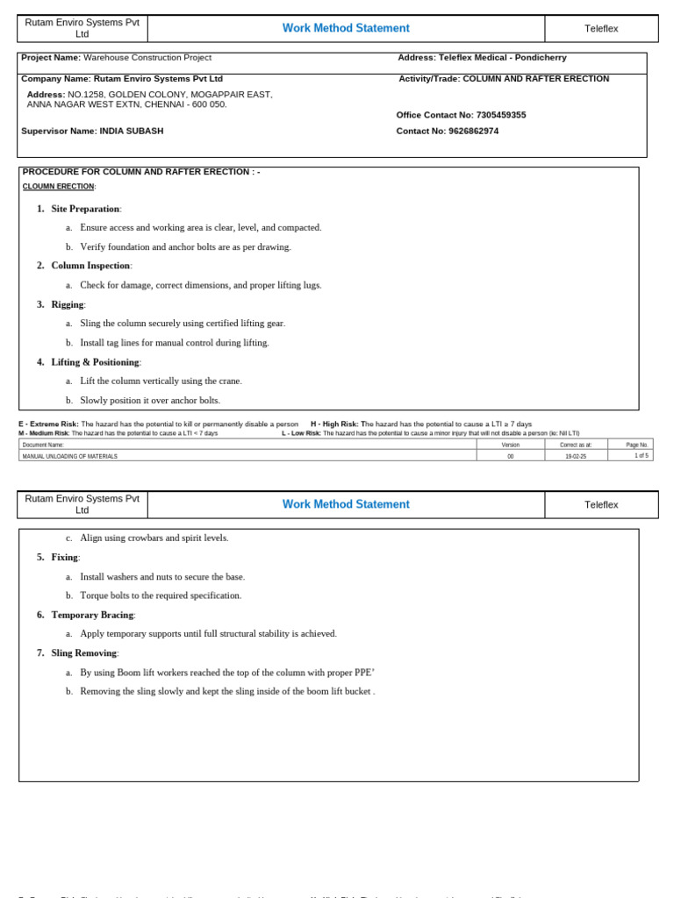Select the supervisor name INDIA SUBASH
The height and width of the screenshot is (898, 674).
point(131,131)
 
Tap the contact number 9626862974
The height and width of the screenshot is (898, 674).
point(473,131)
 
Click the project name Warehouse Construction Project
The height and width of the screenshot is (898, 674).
point(147,58)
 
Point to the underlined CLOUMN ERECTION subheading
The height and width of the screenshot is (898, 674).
point(58,187)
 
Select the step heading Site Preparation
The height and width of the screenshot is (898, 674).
point(85,209)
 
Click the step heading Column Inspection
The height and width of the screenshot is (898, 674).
point(90,266)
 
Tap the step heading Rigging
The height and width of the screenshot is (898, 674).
point(68,304)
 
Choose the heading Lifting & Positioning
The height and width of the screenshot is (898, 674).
point(95,362)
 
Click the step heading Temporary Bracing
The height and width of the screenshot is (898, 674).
point(92,615)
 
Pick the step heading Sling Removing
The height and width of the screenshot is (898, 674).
point(83,653)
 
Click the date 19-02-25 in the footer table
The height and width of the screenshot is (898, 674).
point(576,456)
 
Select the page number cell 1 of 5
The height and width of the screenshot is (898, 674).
point(641,456)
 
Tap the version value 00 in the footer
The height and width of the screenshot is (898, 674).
point(511,456)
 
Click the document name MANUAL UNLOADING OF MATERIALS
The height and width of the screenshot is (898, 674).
point(70,456)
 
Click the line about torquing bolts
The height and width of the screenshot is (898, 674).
point(161,595)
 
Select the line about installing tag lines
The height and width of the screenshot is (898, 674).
point(175,343)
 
